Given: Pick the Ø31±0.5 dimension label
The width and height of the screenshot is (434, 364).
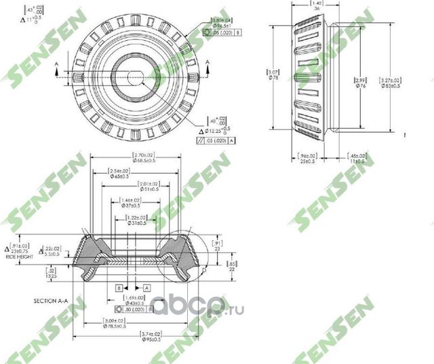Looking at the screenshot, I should click(138, 222).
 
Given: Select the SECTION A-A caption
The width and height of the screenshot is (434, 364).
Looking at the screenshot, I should click(52, 300).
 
